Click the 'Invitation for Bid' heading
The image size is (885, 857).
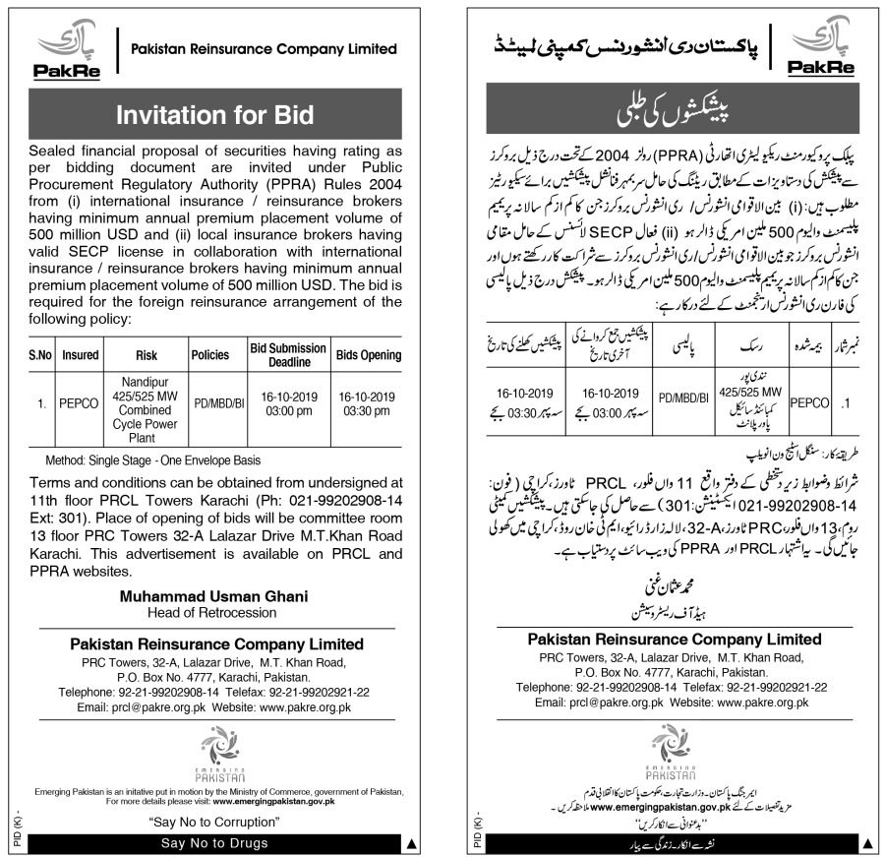click(x=214, y=114)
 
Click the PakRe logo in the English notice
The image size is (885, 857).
click(x=61, y=50)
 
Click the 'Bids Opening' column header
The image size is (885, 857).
click(x=369, y=354)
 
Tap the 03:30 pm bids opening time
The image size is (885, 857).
click(x=369, y=410)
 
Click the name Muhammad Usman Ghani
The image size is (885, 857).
click(x=214, y=596)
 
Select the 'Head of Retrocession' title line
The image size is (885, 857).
click(x=214, y=613)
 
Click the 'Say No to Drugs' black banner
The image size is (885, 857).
click(x=214, y=844)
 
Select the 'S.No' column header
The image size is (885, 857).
click(x=40, y=354)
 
